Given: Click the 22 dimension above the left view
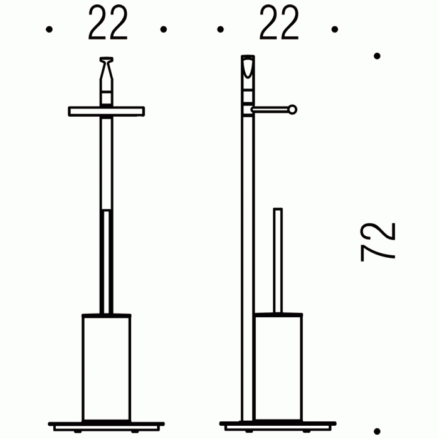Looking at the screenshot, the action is [x=108, y=23].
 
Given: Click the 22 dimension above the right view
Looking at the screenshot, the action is [x=279, y=23].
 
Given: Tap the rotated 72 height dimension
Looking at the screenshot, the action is [x=378, y=242].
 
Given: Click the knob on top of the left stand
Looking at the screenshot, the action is [x=107, y=68].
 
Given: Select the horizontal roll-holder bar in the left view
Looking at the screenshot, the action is [x=107, y=111].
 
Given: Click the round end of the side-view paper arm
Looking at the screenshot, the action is [x=293, y=110].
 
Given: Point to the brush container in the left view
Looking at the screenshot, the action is [x=107, y=368].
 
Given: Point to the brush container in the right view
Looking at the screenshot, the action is [x=278, y=368].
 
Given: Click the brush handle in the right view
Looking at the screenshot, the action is [x=278, y=260].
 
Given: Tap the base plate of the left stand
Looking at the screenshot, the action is [x=107, y=426].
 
